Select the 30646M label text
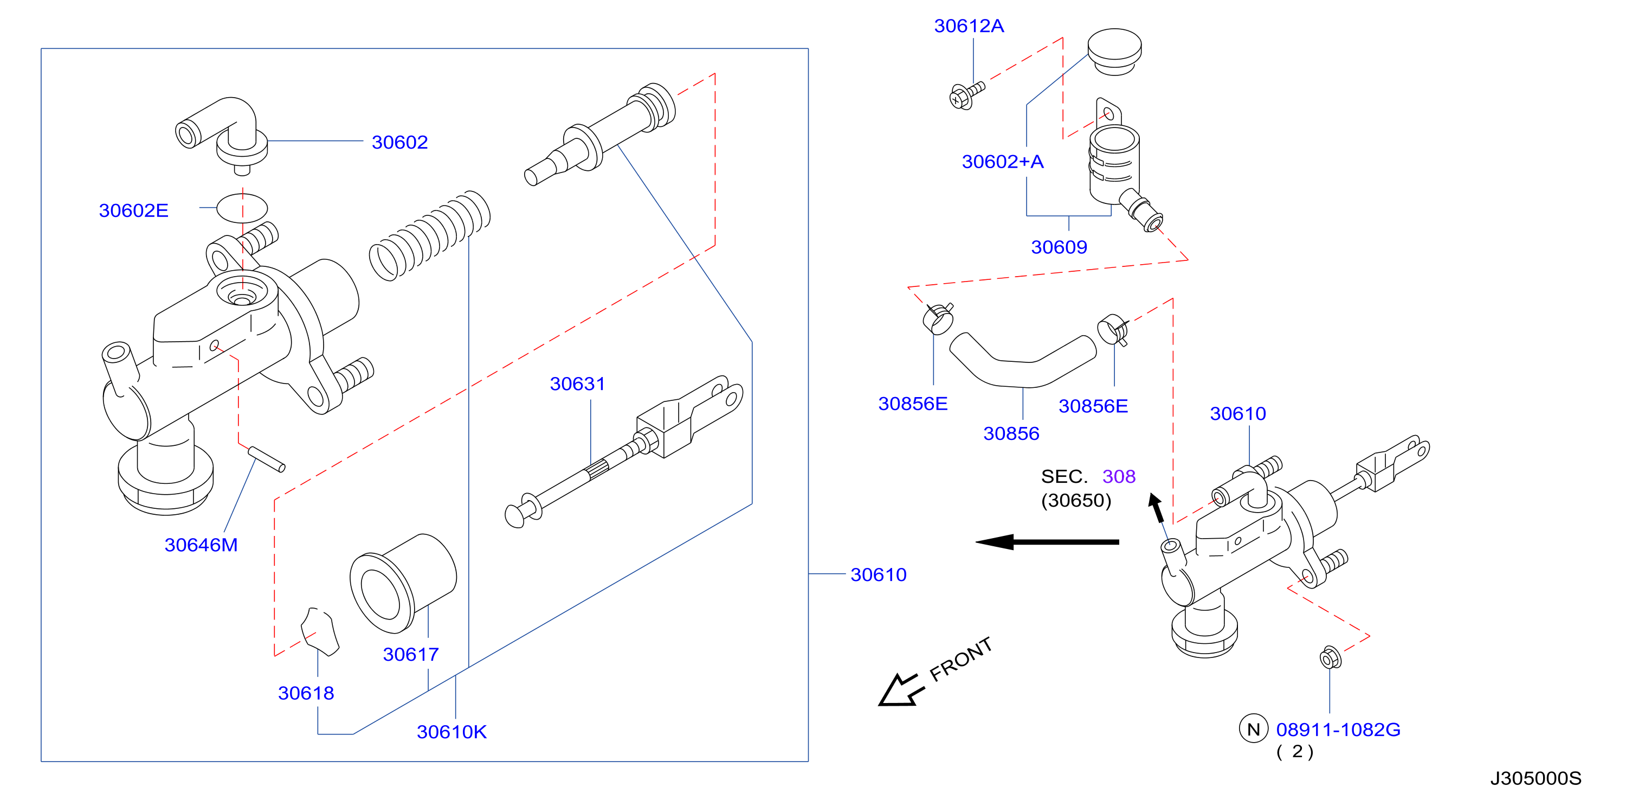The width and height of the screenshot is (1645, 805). pos(201,545)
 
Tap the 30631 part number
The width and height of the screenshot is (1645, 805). pos(577,384)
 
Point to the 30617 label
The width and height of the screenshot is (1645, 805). pos(411,654)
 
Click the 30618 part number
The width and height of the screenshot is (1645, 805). pos(306,693)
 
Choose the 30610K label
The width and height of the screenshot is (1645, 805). pos(451,732)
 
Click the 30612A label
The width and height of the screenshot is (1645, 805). pos(969,25)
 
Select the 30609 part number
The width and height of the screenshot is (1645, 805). pos(1059,247)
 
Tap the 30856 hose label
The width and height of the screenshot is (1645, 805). pos(1011,433)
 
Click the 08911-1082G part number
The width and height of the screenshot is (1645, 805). pos(1338,729)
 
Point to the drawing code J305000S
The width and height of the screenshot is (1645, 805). pos(1535,778)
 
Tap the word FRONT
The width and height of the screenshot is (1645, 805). pos(961,659)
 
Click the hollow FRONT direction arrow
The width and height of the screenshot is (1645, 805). pos(900,690)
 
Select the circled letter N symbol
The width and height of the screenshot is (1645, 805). pos(1253,729)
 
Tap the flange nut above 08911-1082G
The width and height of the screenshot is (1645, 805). pos(1330,658)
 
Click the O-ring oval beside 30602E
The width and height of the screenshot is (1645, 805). pos(242,208)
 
